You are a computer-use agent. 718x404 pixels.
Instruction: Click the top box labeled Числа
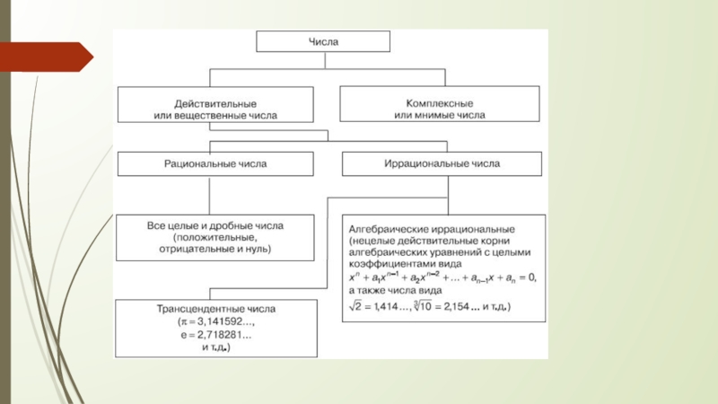[x=323, y=42]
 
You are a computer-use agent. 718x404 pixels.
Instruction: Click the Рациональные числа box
[x=215, y=164]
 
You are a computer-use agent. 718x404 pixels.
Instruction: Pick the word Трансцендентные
[x=190, y=311]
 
